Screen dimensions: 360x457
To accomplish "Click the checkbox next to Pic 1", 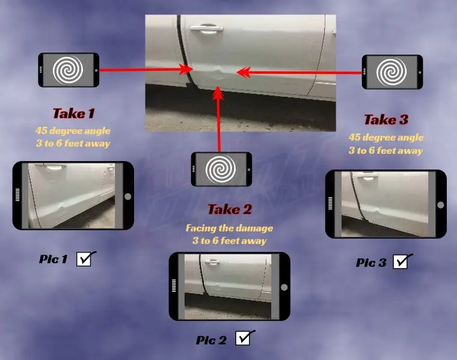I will (x=84, y=260).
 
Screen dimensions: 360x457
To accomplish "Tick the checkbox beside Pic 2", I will (x=243, y=338).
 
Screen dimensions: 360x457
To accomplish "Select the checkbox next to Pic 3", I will (x=400, y=261).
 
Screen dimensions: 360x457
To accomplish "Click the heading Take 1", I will (x=73, y=113).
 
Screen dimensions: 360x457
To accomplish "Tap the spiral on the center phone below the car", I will (x=219, y=169).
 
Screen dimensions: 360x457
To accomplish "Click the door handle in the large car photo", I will (x=204, y=28).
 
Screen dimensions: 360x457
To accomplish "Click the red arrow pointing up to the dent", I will (x=219, y=120).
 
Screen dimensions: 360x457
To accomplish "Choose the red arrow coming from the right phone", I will (x=301, y=72).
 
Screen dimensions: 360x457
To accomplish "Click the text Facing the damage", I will (x=229, y=228).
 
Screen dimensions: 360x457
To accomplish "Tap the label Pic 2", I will (x=211, y=340).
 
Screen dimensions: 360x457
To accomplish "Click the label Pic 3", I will (x=371, y=263).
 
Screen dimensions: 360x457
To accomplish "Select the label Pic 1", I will (x=54, y=260).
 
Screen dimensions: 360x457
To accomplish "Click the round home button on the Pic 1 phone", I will (x=127, y=197).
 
